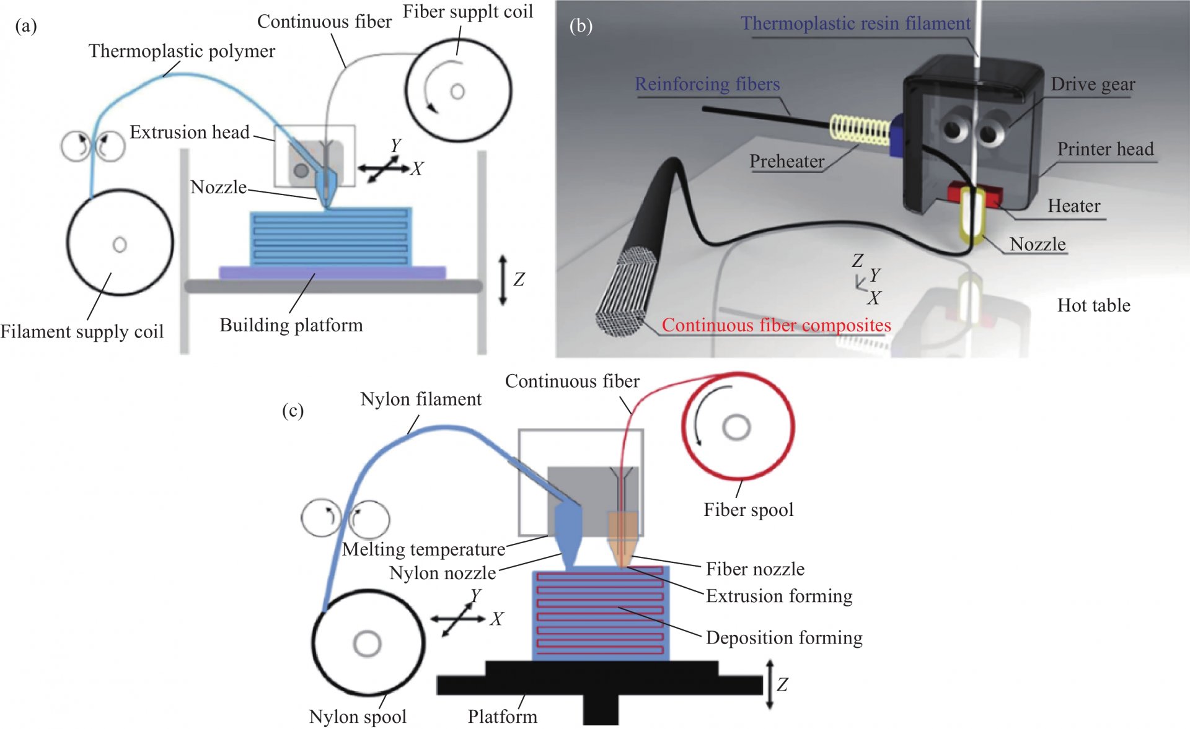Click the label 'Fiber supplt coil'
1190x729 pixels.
coord(468,12)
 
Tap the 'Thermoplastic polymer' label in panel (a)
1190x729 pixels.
coord(182,51)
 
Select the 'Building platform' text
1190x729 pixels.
coord(291,325)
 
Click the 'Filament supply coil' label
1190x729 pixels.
coord(82,331)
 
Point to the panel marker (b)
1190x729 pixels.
coord(581,25)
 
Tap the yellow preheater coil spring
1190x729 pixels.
coord(860,129)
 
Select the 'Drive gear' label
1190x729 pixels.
coord(1093,84)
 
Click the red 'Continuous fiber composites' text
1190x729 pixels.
coord(776,325)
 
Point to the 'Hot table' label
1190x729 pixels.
coord(1093,305)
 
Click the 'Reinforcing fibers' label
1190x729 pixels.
coord(707,84)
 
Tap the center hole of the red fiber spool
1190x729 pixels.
coord(736,427)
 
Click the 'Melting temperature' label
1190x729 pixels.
coord(424,549)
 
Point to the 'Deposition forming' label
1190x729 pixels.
coord(784,637)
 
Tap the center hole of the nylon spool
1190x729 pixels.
coord(367,644)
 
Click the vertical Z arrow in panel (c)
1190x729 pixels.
coord(770,684)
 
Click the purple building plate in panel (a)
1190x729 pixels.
coord(332,273)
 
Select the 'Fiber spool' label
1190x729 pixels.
coord(748,510)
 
